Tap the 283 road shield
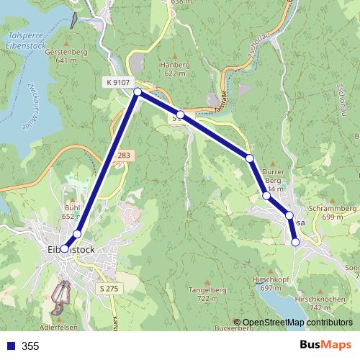pyautogui.click(x=124, y=155)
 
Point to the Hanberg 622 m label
pyautogui.click(x=174, y=68)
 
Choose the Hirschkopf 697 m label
pyautogui.click(x=271, y=283)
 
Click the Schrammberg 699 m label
pyautogui.click(x=332, y=212)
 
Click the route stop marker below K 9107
pyautogui.click(x=137, y=91)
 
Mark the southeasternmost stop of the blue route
pyautogui.click(x=295, y=243)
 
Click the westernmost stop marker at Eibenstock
pyautogui.click(x=64, y=248)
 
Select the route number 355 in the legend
pyautogui.click(x=31, y=346)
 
